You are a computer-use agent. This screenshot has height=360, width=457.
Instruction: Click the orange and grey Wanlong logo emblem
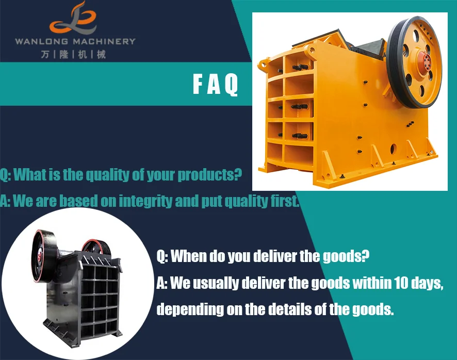click(73, 18)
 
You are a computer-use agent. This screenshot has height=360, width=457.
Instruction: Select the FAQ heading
click(216, 85)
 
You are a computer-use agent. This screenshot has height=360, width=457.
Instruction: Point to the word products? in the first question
click(210, 175)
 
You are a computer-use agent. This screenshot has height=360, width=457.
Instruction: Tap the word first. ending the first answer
click(285, 201)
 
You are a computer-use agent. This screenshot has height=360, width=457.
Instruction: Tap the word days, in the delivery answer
click(427, 283)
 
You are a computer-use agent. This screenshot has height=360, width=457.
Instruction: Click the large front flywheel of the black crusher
click(42, 256)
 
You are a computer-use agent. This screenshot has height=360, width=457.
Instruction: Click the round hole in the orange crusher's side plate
click(393, 149)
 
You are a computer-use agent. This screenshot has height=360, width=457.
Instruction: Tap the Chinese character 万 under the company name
click(45, 54)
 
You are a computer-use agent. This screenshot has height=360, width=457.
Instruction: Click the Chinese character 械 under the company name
click(101, 54)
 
